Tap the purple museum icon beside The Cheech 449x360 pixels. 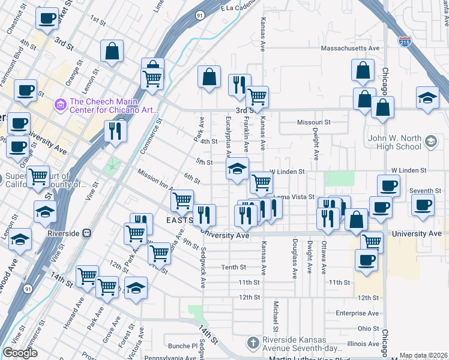(x=60, y=106)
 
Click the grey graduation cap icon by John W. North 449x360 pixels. (x=430, y=142)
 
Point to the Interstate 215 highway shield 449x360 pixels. (x=405, y=41)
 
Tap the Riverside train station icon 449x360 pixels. (x=87, y=233)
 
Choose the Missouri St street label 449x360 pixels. (x=314, y=122)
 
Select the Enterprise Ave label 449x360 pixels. (x=357, y=313)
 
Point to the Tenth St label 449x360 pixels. (x=234, y=267)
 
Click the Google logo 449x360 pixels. (x=20, y=353)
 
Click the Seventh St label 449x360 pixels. (x=426, y=191)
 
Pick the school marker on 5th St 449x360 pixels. (x=238, y=169)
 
